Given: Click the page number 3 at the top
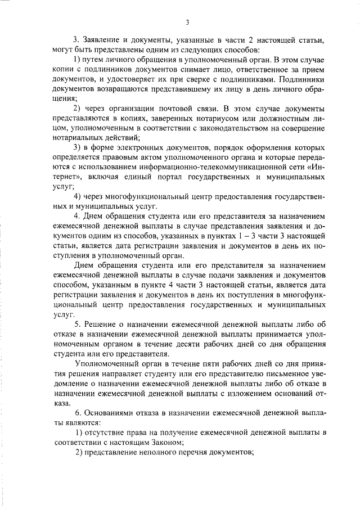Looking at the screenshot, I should pos(186,22).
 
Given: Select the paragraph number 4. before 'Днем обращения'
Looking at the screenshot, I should pos(78,215).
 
